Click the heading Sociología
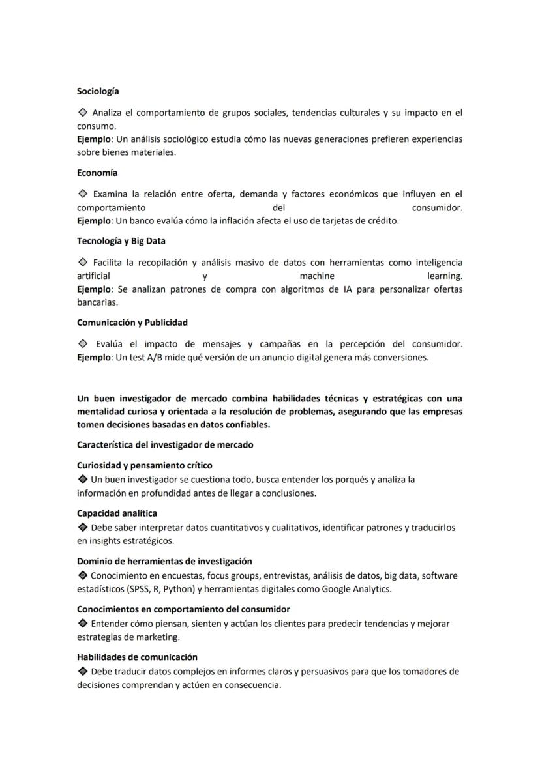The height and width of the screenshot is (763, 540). (98, 91)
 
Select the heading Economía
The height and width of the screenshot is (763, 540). (97, 173)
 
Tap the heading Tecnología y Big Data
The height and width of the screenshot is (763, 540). (121, 241)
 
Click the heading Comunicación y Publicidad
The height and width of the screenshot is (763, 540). (132, 323)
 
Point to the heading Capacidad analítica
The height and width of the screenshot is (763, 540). (117, 513)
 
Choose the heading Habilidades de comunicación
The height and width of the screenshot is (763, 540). (137, 657)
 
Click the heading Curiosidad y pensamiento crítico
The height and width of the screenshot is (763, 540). (144, 465)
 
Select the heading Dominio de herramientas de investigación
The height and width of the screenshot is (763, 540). (164, 561)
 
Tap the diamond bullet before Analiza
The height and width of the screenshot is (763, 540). (83, 113)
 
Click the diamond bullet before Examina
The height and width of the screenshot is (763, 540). (83, 194)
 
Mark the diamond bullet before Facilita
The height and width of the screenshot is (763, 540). (83, 263)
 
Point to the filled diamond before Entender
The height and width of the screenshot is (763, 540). (82, 624)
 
